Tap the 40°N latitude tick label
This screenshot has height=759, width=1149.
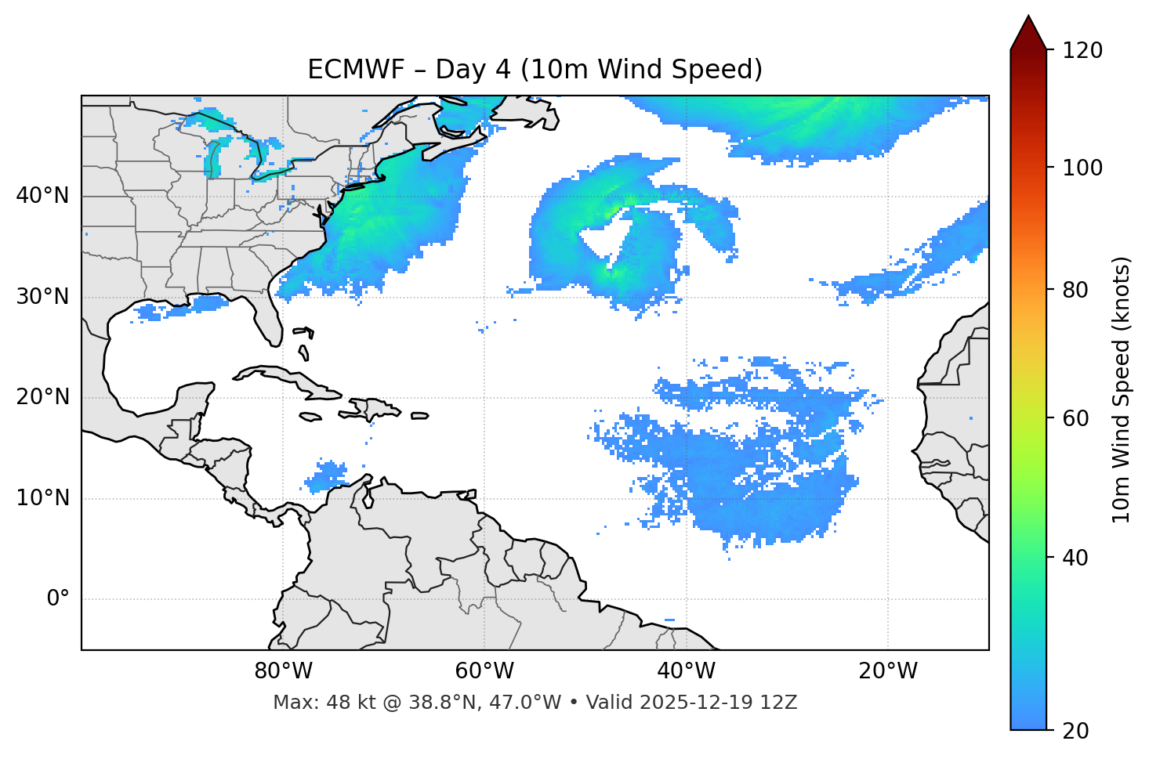pos(42,196)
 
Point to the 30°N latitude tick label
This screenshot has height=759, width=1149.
pos(42,297)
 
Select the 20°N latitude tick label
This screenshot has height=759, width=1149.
pos(42,397)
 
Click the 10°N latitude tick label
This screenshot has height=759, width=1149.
pos(42,498)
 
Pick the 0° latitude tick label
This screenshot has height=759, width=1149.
pos(58,599)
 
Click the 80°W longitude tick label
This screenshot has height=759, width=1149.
pos(283,671)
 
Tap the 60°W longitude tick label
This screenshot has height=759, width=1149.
pos(484,671)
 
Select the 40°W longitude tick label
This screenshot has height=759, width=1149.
pos(686,671)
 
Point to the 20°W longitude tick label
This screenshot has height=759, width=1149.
pos(887,671)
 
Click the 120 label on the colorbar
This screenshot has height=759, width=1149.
pos(1082,50)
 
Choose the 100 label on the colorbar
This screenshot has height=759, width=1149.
pos(1082,168)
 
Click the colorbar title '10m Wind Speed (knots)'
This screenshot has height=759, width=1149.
pos(1122,390)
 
